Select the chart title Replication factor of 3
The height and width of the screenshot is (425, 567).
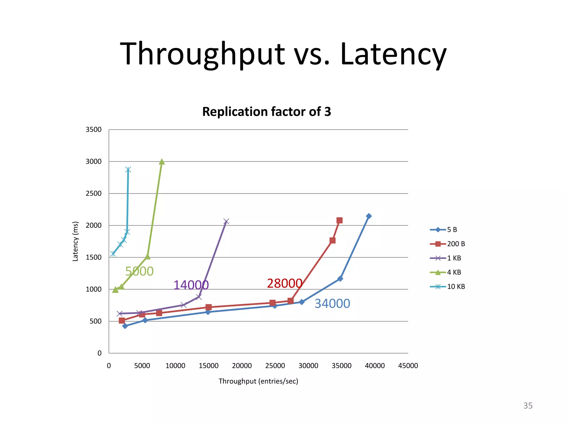click(x=266, y=112)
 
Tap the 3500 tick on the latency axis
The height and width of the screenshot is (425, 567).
click(x=94, y=129)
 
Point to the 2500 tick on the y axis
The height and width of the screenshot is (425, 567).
click(x=94, y=193)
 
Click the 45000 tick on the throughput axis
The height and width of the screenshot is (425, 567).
click(x=408, y=366)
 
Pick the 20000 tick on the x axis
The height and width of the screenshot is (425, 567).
click(x=242, y=366)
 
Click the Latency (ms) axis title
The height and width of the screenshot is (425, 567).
click(x=75, y=241)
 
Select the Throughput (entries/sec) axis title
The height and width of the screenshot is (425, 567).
click(x=258, y=381)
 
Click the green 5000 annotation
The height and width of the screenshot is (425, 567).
click(x=139, y=271)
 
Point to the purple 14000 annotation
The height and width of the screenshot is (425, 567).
click(x=191, y=285)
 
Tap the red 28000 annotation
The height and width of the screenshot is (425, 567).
click(x=284, y=283)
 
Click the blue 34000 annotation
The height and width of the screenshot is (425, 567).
click(x=332, y=304)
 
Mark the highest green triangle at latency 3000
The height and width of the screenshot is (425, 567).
click(x=162, y=162)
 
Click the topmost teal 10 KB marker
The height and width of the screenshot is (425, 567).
click(x=128, y=170)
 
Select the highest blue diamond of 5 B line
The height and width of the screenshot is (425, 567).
click(x=368, y=216)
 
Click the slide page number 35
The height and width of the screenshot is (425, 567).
click(x=528, y=406)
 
